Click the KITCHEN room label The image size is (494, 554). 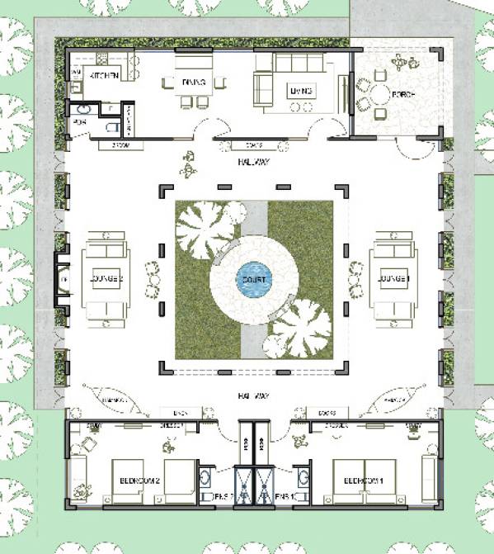pyautogui.click(x=105, y=76)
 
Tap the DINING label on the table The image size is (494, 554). pyautogui.click(x=195, y=81)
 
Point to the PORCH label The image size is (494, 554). pyautogui.click(x=403, y=97)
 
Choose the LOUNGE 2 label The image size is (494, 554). pyautogui.click(x=104, y=280)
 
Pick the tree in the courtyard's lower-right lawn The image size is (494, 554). pyautogui.click(x=301, y=328)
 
